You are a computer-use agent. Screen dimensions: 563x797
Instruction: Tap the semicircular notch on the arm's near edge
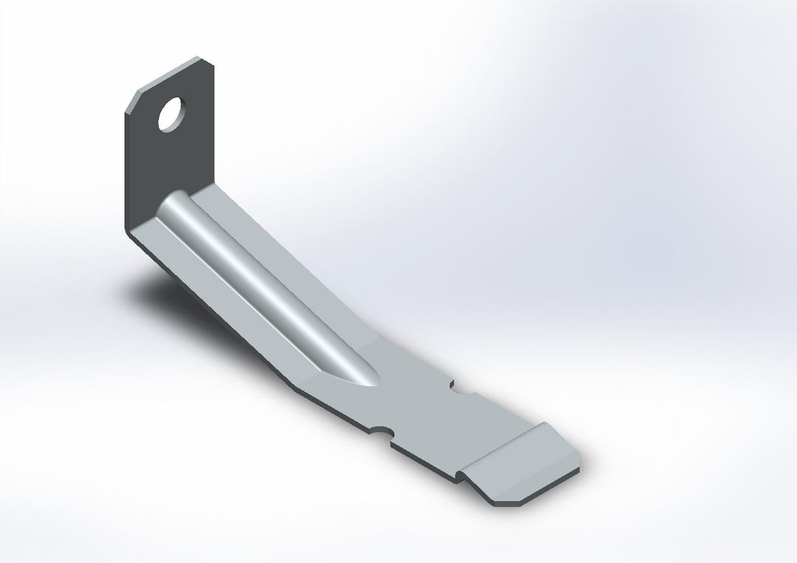tap(384, 432)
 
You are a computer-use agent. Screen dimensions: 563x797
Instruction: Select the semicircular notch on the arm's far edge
tap(461, 387)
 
